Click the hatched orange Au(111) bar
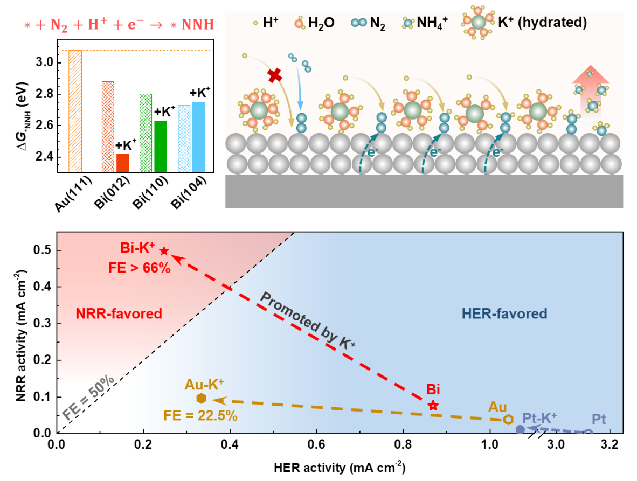(x=75, y=111)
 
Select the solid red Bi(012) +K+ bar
(x=122, y=163)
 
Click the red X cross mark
(x=275, y=75)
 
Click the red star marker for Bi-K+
(x=164, y=251)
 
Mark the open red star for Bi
(x=433, y=406)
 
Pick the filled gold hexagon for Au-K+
(x=201, y=398)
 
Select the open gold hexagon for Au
(x=508, y=419)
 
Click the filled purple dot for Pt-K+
(x=520, y=429)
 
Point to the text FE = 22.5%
(x=200, y=415)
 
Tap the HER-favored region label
(x=504, y=313)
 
